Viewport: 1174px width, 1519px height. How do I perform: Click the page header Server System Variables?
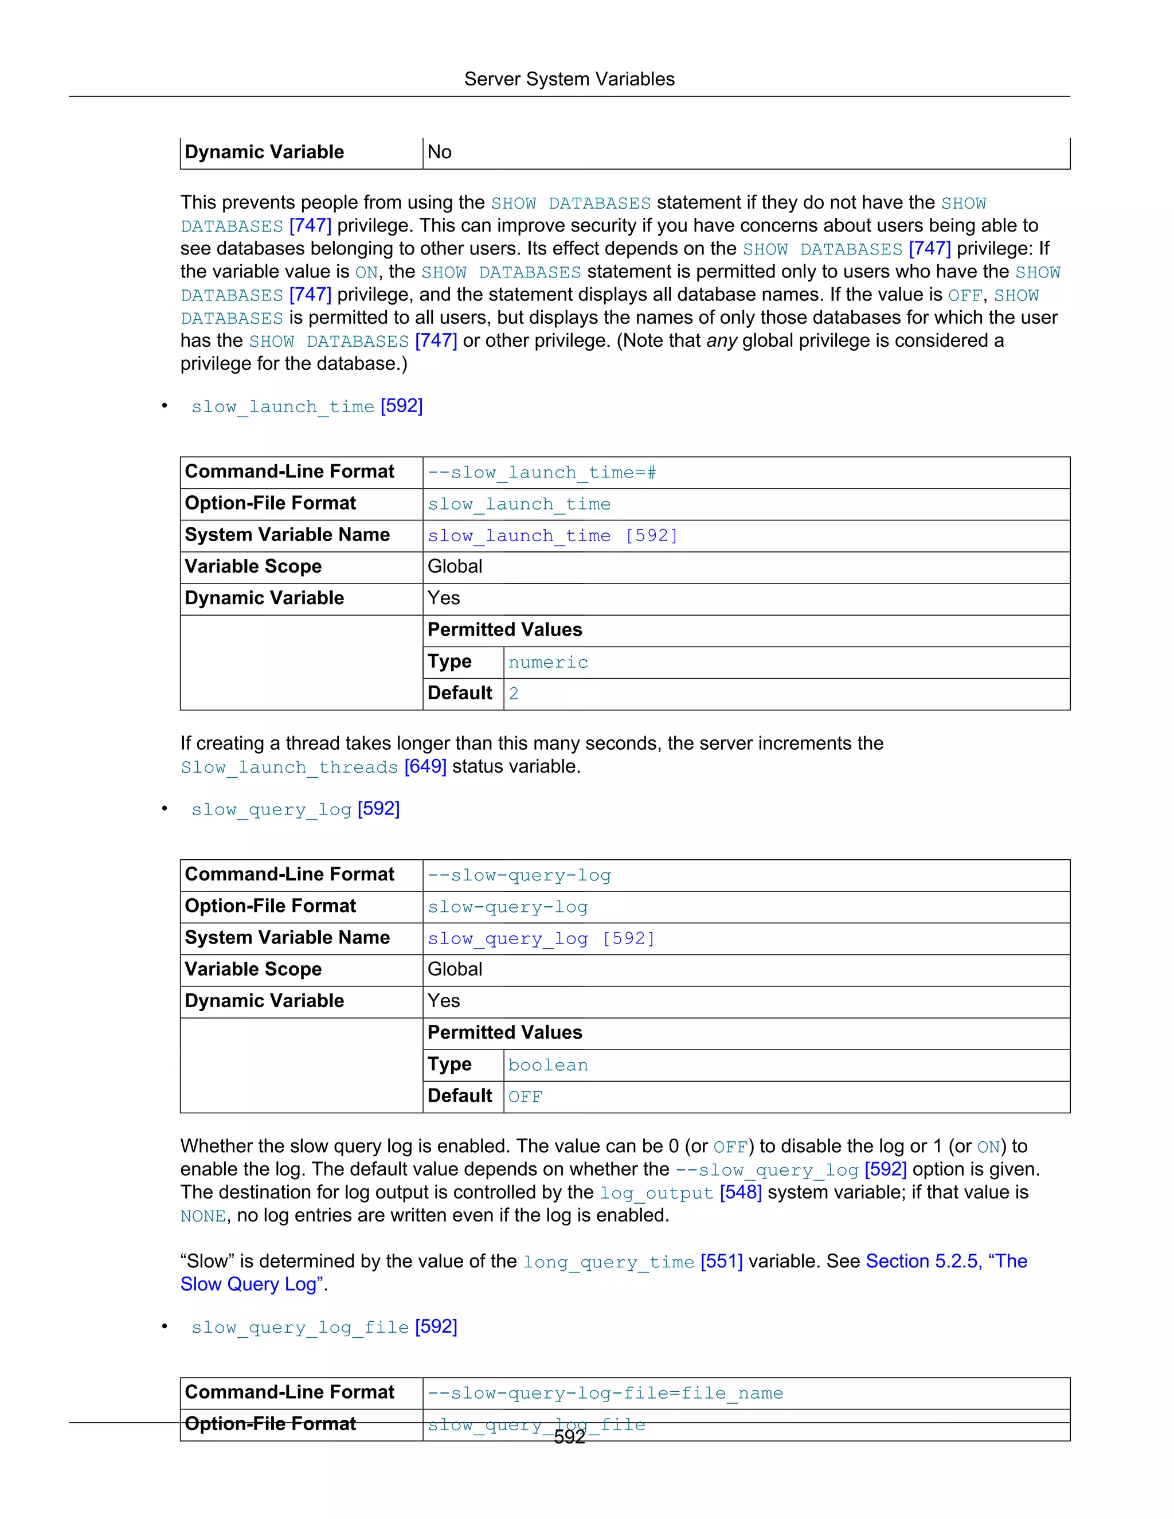coord(569,79)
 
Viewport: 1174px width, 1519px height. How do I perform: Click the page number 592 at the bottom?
coord(569,1437)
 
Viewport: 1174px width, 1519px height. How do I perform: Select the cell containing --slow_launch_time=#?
coord(542,473)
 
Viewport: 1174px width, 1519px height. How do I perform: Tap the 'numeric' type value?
coord(548,663)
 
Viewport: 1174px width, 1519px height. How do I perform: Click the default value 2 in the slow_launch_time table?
coord(513,694)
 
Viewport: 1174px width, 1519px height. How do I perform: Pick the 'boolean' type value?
coord(548,1066)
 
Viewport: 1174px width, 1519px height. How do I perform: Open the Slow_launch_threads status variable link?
coord(289,767)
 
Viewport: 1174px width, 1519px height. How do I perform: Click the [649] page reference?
coord(425,766)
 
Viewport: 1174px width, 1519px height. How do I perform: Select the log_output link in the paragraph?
coord(656,1193)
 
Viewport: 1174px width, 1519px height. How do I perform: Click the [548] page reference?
coord(741,1193)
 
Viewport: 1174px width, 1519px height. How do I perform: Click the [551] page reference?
coord(721,1262)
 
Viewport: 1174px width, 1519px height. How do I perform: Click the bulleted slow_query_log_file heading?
coord(300,1328)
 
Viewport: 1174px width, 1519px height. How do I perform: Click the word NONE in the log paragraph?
coord(203,1216)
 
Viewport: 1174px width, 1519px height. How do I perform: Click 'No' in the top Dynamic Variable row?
coord(440,152)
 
